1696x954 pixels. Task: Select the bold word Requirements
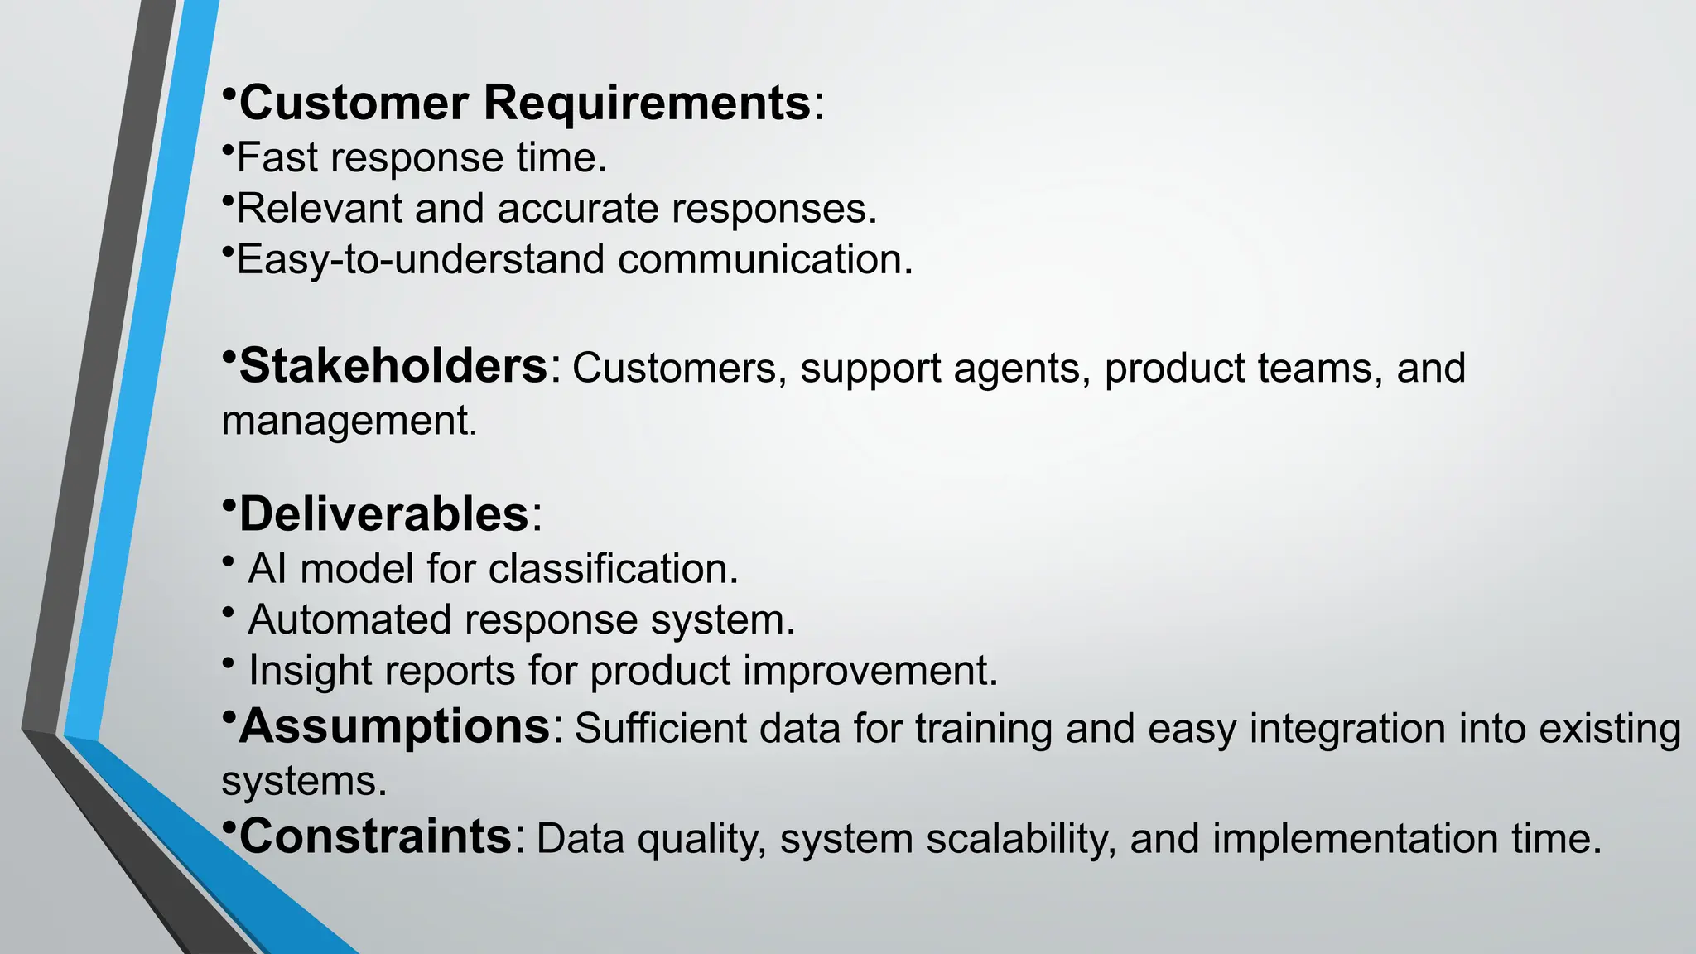[647, 104]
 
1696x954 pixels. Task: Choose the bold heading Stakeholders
[394, 366]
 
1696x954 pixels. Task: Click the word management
[345, 421]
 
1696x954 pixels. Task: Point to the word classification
[613, 569]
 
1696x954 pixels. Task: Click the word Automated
[349, 619]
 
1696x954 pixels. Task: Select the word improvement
[870, 670]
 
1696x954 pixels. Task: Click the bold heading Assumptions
[396, 727]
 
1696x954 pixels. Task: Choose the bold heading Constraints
[376, 836]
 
